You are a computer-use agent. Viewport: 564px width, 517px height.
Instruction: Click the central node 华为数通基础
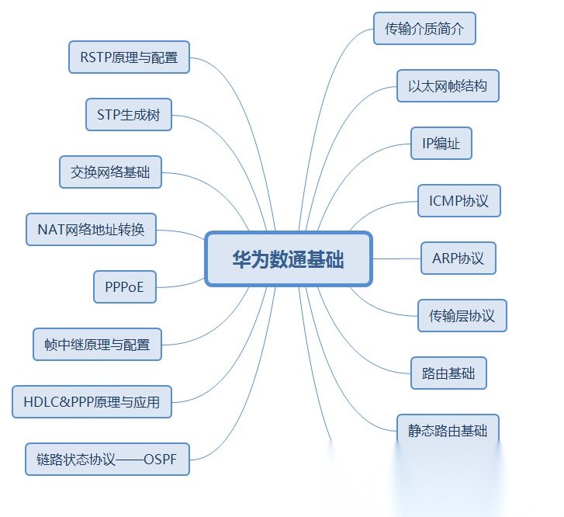pyautogui.click(x=289, y=258)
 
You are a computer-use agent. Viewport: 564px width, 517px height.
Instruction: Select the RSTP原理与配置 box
pyautogui.click(x=129, y=57)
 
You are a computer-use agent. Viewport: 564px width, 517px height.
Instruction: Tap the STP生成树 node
pyautogui.click(x=128, y=115)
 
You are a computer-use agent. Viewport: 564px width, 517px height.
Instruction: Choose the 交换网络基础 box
pyautogui.click(x=110, y=172)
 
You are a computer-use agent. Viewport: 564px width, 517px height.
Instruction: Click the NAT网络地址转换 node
pyautogui.click(x=91, y=230)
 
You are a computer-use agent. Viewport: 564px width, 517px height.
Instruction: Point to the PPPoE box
pyautogui.click(x=124, y=287)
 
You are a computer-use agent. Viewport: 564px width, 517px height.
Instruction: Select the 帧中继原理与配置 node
pyautogui.click(x=97, y=345)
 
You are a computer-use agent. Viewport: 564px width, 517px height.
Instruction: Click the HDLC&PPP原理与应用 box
pyautogui.click(x=92, y=402)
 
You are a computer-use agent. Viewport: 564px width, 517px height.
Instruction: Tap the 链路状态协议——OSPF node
pyautogui.click(x=107, y=460)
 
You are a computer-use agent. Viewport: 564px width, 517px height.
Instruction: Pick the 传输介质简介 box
pyautogui.click(x=424, y=29)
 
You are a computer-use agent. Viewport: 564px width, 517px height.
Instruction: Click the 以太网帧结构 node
pyautogui.click(x=448, y=86)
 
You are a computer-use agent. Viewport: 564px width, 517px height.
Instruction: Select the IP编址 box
pyautogui.click(x=441, y=144)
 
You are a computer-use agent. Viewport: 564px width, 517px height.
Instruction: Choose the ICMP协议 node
pyautogui.click(x=459, y=201)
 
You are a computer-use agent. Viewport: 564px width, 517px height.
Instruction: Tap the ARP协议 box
pyautogui.click(x=458, y=258)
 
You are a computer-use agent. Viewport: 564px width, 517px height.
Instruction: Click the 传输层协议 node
pyautogui.click(x=462, y=316)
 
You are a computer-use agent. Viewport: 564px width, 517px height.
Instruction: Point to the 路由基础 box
pyautogui.click(x=448, y=373)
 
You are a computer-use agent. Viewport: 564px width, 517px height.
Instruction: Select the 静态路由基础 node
pyautogui.click(x=448, y=430)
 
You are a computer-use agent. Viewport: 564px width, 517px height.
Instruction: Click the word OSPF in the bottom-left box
pyautogui.click(x=161, y=460)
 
